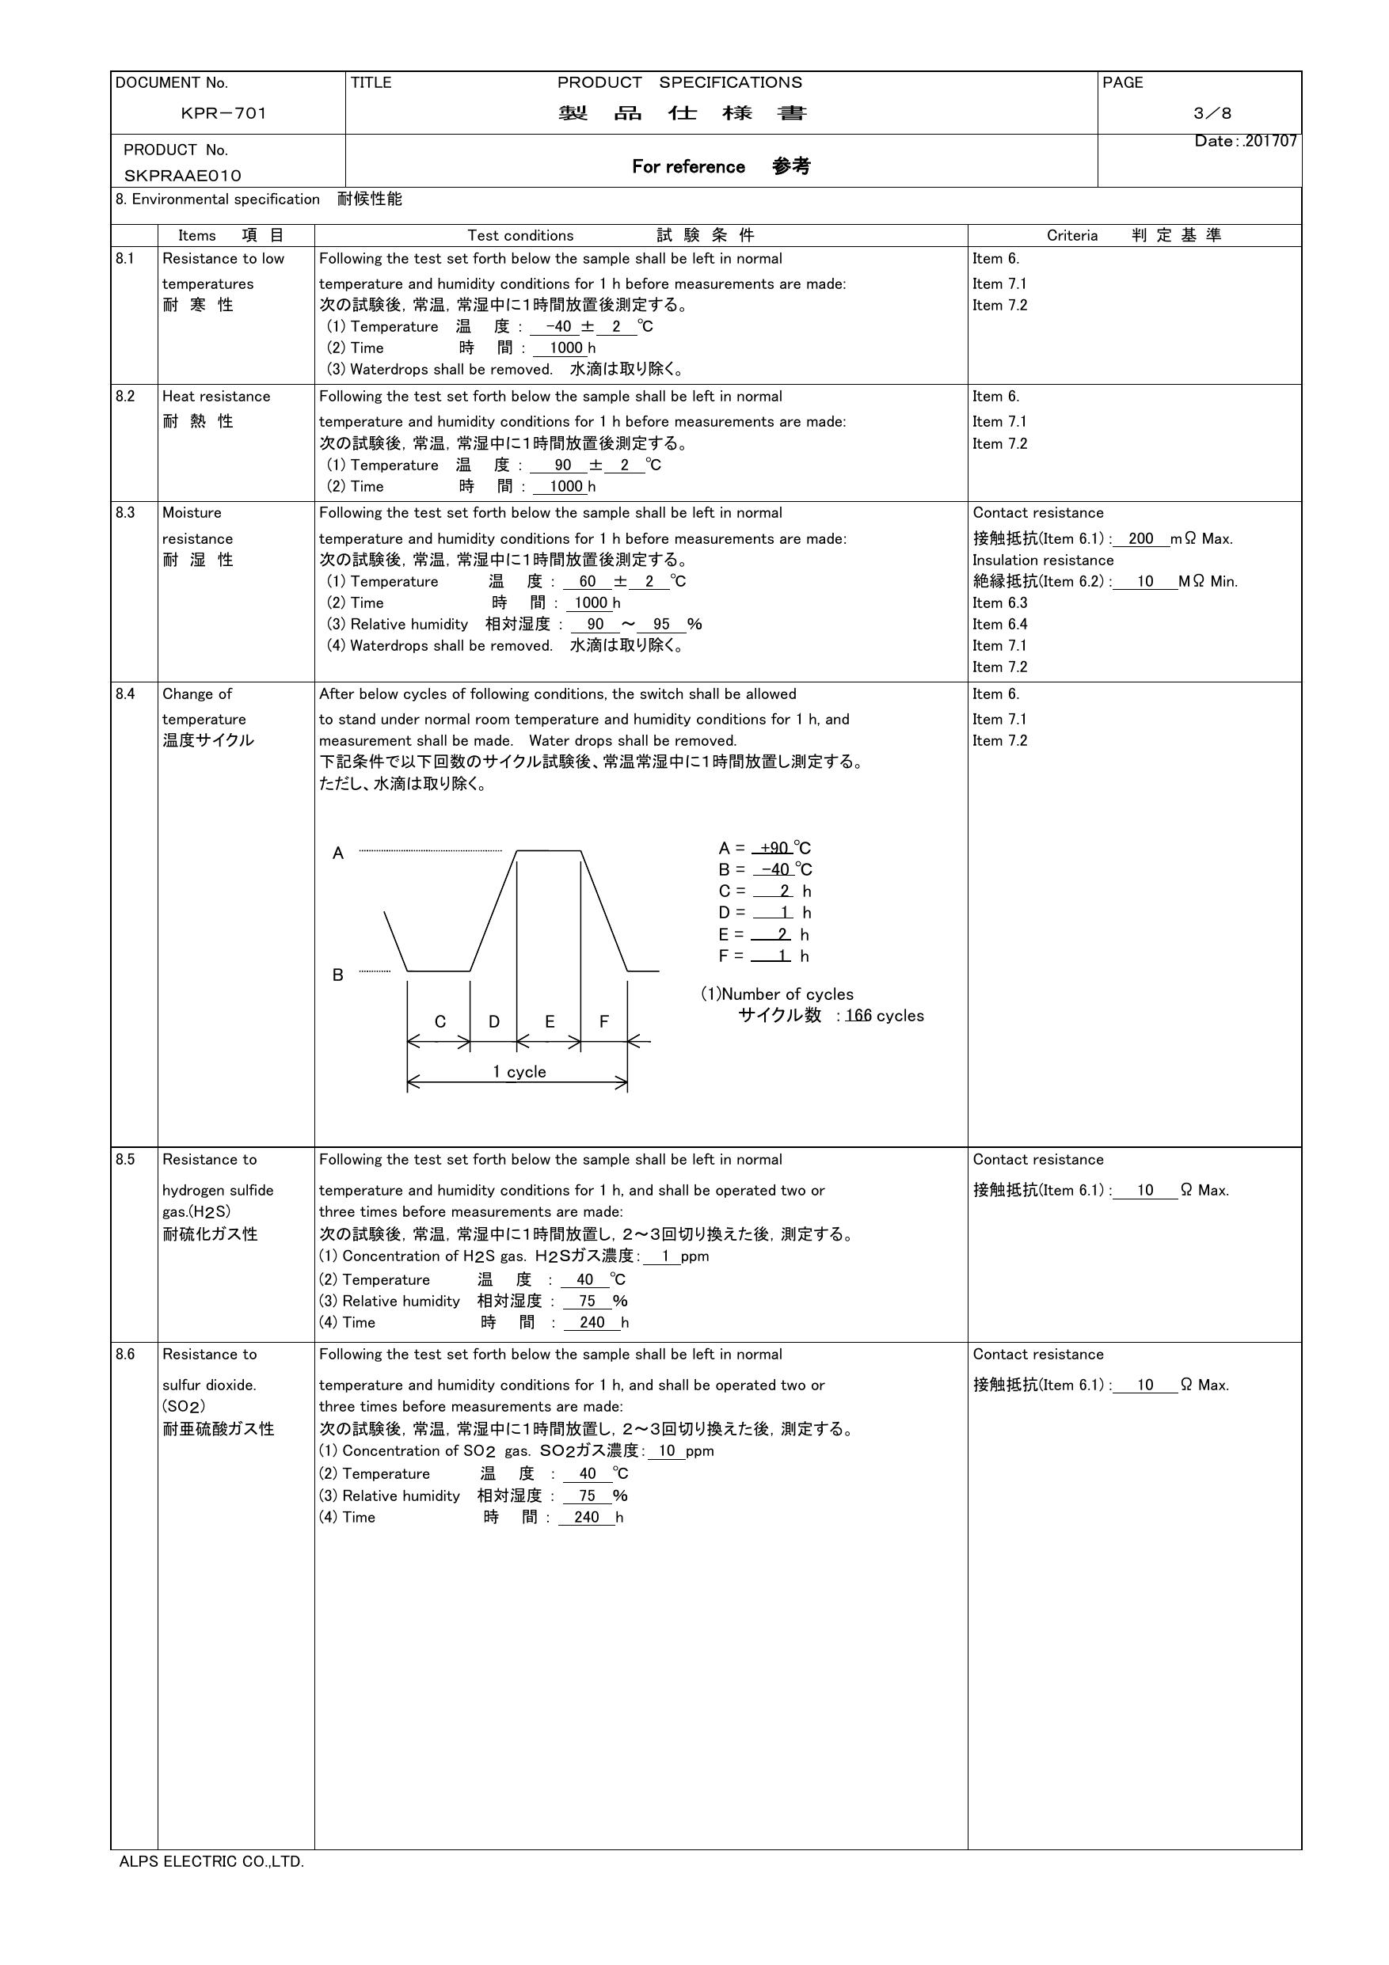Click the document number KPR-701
tap(223, 113)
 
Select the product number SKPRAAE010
tap(182, 176)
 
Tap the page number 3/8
tap(1212, 113)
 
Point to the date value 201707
tap(1271, 141)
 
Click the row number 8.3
tap(125, 513)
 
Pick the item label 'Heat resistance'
tap(215, 397)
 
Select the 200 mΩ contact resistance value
tap(1141, 538)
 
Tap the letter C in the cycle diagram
tap(440, 1021)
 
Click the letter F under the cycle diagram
tap(604, 1021)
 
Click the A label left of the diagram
tap(338, 853)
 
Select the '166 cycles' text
tap(884, 1016)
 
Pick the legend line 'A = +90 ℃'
tap(764, 848)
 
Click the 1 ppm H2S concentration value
tap(665, 1256)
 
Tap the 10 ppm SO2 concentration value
tap(668, 1450)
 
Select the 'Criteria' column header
tap(1071, 235)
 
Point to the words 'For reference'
tap(688, 167)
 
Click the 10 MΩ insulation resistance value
tap(1145, 581)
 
